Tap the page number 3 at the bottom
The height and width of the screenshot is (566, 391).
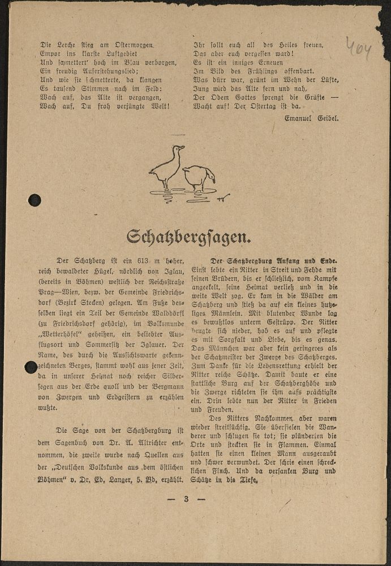(186, 499)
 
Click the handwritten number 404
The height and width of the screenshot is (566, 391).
(358, 50)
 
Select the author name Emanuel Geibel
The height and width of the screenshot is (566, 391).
(312, 118)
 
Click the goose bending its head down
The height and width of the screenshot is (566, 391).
(199, 177)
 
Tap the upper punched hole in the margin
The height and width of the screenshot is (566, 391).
(35, 200)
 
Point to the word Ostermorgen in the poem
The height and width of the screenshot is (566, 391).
(134, 44)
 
